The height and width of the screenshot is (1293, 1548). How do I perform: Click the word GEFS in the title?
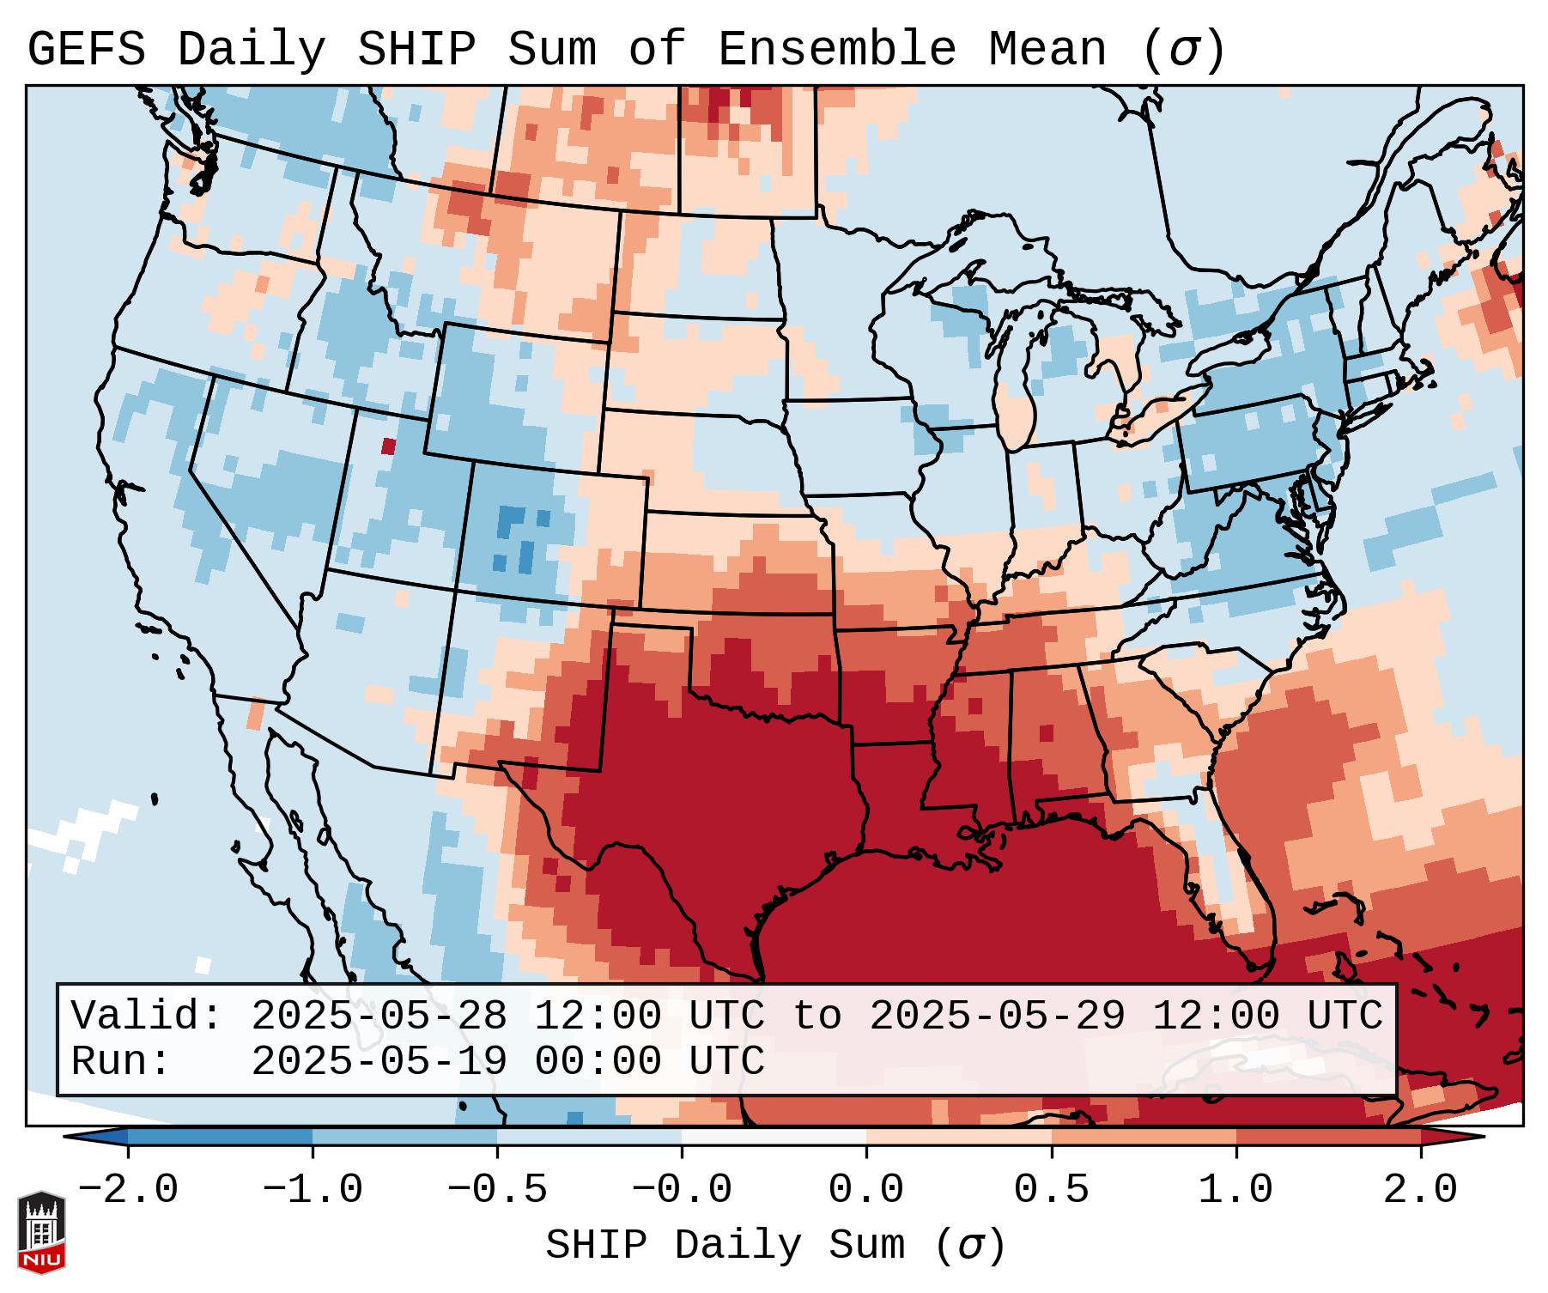[x=87, y=49]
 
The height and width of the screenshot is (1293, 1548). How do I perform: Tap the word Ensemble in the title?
[x=837, y=49]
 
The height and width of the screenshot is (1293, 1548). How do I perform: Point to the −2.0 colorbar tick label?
[x=128, y=1190]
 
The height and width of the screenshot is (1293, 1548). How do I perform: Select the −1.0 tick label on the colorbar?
[x=313, y=1190]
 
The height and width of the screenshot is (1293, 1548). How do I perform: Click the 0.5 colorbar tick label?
[x=1052, y=1190]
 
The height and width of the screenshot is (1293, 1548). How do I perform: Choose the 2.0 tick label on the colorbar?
[x=1421, y=1190]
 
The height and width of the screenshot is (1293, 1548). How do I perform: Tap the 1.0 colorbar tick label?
[x=1236, y=1190]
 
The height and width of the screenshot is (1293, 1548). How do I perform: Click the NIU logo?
[x=41, y=1232]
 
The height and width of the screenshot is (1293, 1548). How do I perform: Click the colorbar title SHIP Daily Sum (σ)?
[x=774, y=1246]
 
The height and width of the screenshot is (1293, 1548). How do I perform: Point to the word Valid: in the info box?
[x=147, y=1016]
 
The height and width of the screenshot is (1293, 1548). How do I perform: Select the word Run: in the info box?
[x=121, y=1061]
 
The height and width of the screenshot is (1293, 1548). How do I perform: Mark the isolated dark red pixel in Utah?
[x=389, y=446]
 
